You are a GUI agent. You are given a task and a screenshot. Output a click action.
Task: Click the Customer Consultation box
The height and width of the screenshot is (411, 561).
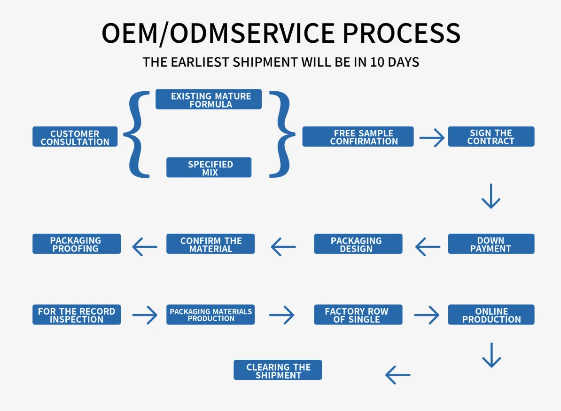click(75, 136)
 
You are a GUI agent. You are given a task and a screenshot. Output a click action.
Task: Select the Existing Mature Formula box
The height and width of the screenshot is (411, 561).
click(209, 99)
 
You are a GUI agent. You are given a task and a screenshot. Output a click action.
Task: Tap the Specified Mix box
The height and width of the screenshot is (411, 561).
click(209, 167)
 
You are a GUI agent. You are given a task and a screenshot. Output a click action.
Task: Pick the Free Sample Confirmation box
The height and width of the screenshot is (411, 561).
click(358, 136)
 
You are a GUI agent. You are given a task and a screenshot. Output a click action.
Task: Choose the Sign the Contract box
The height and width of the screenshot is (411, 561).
click(491, 136)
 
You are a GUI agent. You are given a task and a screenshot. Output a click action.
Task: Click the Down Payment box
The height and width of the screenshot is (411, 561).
click(491, 244)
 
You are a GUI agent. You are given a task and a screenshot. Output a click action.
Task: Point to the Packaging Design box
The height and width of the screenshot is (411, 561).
click(358, 244)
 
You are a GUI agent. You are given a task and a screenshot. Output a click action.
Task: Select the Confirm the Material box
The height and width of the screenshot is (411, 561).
click(210, 244)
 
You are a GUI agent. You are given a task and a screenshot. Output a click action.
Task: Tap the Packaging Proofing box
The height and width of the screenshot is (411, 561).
click(77, 244)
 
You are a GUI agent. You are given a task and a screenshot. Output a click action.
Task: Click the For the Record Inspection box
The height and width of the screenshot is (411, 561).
click(77, 315)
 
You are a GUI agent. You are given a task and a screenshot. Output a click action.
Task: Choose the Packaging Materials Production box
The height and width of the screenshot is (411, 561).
click(210, 315)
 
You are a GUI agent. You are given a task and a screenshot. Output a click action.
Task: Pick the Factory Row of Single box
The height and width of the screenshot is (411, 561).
click(358, 315)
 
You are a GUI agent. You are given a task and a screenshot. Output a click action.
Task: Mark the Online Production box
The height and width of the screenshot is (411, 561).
click(491, 315)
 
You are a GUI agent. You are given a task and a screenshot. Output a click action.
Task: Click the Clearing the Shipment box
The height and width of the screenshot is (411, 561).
click(278, 370)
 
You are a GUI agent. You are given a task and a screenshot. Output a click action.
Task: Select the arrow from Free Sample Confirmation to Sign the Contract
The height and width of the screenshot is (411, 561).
click(432, 137)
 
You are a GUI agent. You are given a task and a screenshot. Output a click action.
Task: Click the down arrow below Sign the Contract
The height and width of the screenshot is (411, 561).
click(491, 196)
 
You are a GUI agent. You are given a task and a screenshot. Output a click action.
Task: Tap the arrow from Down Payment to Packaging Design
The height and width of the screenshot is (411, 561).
click(428, 247)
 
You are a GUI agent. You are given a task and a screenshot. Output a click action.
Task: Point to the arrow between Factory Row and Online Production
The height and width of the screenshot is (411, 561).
click(427, 315)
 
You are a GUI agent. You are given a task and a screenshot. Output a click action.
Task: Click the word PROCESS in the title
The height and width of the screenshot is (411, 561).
click(401, 33)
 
